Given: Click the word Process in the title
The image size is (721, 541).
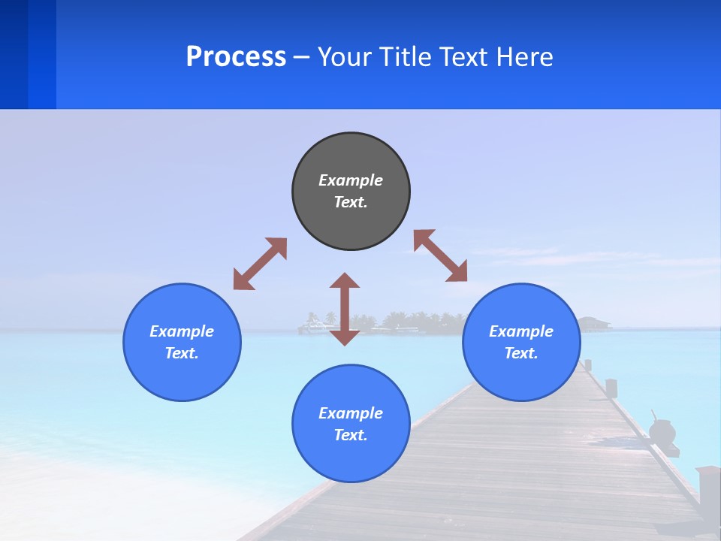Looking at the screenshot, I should pyautogui.click(x=236, y=57).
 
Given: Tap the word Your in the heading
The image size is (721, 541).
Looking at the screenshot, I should pyautogui.click(x=344, y=57).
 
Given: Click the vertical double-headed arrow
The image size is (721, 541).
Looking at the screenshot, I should pyautogui.click(x=345, y=309).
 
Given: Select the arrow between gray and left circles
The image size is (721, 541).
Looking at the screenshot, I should pyautogui.click(x=260, y=264).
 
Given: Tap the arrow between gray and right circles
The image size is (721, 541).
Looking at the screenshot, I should pyautogui.click(x=441, y=255).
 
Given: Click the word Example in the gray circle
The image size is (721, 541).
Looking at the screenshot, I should pyautogui.click(x=351, y=180).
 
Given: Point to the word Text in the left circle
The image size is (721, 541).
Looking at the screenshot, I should pyautogui.click(x=182, y=353).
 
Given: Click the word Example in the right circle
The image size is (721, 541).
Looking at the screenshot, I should pyautogui.click(x=521, y=331).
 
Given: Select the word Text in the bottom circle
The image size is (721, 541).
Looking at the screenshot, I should pyautogui.click(x=351, y=435).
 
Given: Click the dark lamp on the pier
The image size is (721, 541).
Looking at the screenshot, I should pyautogui.click(x=662, y=432).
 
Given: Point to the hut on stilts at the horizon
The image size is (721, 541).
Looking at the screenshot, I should pyautogui.click(x=594, y=323).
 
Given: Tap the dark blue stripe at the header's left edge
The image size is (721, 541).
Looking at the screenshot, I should pyautogui.click(x=14, y=54).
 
